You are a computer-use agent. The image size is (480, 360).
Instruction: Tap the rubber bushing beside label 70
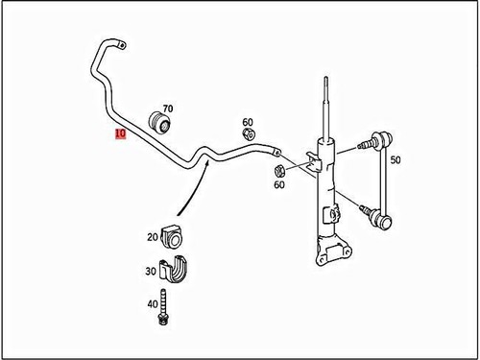click(161, 124)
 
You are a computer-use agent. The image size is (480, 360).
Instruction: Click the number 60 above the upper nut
click(248, 122)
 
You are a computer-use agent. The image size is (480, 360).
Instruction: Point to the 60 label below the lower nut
click(278, 185)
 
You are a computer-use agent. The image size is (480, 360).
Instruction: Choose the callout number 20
click(152, 236)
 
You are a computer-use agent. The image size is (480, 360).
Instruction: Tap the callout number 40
click(152, 303)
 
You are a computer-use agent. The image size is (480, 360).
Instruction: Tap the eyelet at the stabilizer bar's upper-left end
click(120, 43)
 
